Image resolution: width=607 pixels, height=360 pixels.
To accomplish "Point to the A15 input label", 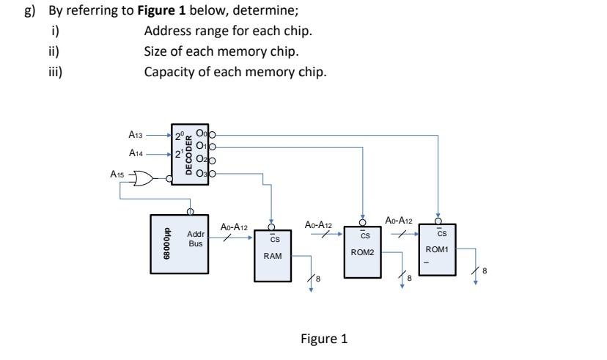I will (x=117, y=175).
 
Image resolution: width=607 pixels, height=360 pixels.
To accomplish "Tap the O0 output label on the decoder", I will (x=201, y=135).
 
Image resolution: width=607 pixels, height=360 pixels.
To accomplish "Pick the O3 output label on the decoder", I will (x=201, y=173).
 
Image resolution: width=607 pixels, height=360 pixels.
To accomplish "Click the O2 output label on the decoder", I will (x=201, y=161).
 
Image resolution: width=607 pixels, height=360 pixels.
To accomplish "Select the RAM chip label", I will (x=273, y=256).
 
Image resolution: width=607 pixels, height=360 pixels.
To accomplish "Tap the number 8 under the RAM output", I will (x=318, y=279).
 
